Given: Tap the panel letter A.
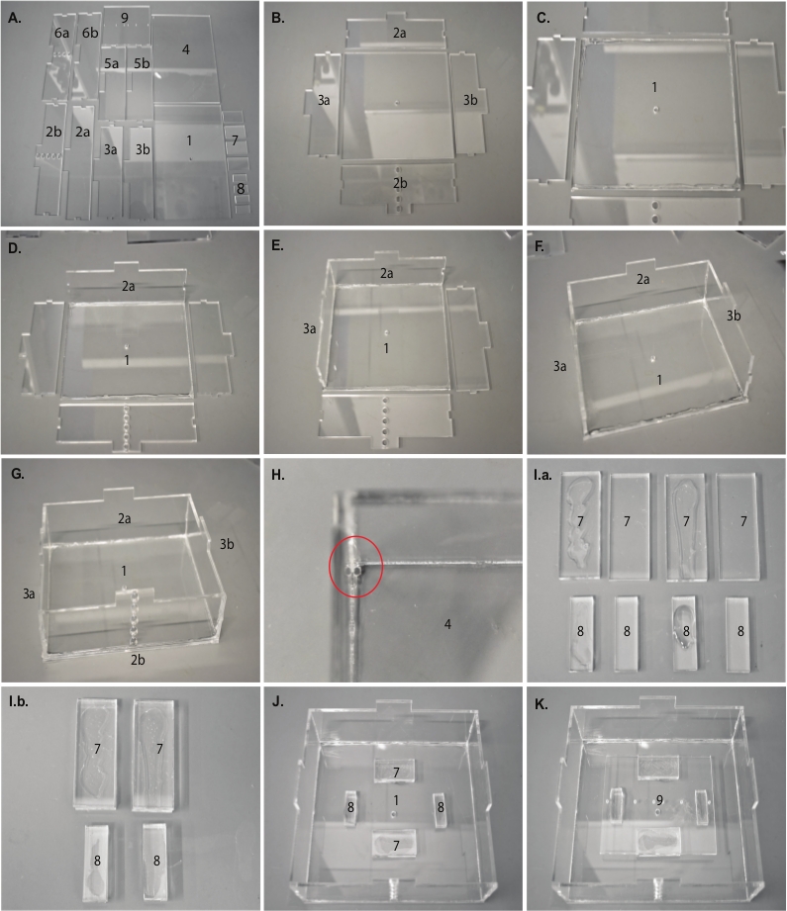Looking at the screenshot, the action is click(15, 18).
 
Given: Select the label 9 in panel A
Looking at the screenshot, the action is click(125, 18).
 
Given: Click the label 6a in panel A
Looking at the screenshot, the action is click(61, 33).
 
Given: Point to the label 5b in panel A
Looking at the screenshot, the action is click(142, 63).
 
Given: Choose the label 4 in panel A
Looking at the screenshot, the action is click(185, 49).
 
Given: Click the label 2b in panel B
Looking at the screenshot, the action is click(400, 183).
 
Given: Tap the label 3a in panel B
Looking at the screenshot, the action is click(324, 100).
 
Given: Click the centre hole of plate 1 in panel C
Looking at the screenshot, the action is click(655, 109).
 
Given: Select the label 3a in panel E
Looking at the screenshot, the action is click(310, 328).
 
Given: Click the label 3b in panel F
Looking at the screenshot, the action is click(734, 316).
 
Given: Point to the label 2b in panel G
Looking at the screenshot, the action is click(138, 660).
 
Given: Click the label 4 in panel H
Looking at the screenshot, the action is click(447, 624).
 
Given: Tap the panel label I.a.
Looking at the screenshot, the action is click(542, 475).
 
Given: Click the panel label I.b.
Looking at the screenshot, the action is click(19, 701).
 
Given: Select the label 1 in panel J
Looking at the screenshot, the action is click(396, 800).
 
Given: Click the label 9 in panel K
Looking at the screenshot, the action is click(659, 800).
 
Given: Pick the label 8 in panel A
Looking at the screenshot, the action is click(241, 188).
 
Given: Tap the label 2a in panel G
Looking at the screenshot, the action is click(125, 518).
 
